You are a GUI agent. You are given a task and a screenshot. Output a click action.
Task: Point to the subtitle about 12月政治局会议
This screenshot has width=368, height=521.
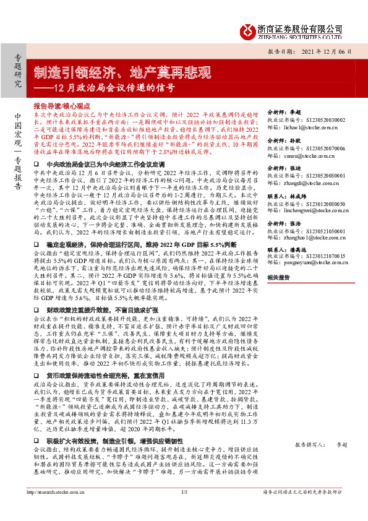pos(103,87)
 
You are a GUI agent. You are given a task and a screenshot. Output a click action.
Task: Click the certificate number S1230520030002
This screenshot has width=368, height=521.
pos(318,120)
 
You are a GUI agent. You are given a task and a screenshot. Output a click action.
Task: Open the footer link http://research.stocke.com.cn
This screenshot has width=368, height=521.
pos(56,509)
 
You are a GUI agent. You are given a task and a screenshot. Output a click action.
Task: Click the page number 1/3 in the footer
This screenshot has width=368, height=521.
pos(184,509)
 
